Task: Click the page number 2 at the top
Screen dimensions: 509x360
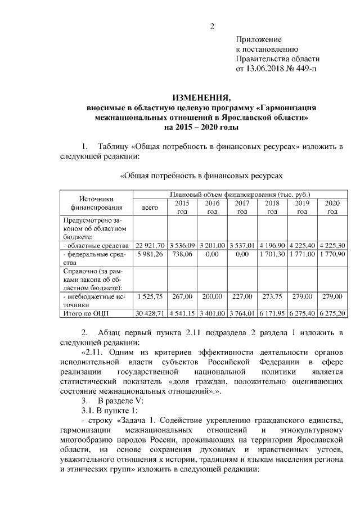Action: pos(212,26)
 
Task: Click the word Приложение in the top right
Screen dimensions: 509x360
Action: pos(258,39)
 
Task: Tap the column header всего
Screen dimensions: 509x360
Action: pos(150,208)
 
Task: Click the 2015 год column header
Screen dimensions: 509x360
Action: pos(182,208)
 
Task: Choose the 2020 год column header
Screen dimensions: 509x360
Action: pos(332,208)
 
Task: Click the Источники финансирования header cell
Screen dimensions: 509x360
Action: pos(96,203)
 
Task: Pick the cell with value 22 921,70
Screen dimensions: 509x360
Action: pos(150,245)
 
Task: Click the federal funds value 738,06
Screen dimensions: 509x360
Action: pos(182,254)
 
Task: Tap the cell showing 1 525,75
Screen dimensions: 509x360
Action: pos(150,295)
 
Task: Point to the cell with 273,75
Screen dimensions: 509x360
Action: pos(272,295)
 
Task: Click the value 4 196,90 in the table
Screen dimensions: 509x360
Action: pos(272,245)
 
